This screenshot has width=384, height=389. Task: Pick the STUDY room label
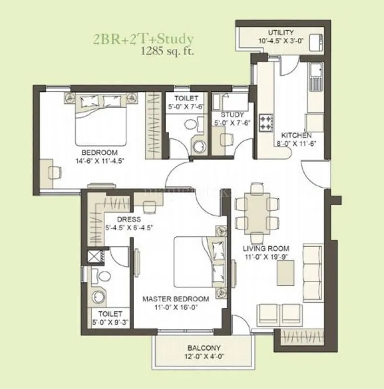[232, 114]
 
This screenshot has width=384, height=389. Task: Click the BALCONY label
[204, 348]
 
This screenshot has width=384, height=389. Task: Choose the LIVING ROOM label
[265, 249]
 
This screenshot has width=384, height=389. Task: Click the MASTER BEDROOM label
[176, 299]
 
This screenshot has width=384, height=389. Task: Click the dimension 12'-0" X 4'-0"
[204, 356]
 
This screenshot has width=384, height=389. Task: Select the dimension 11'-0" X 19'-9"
[265, 257]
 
